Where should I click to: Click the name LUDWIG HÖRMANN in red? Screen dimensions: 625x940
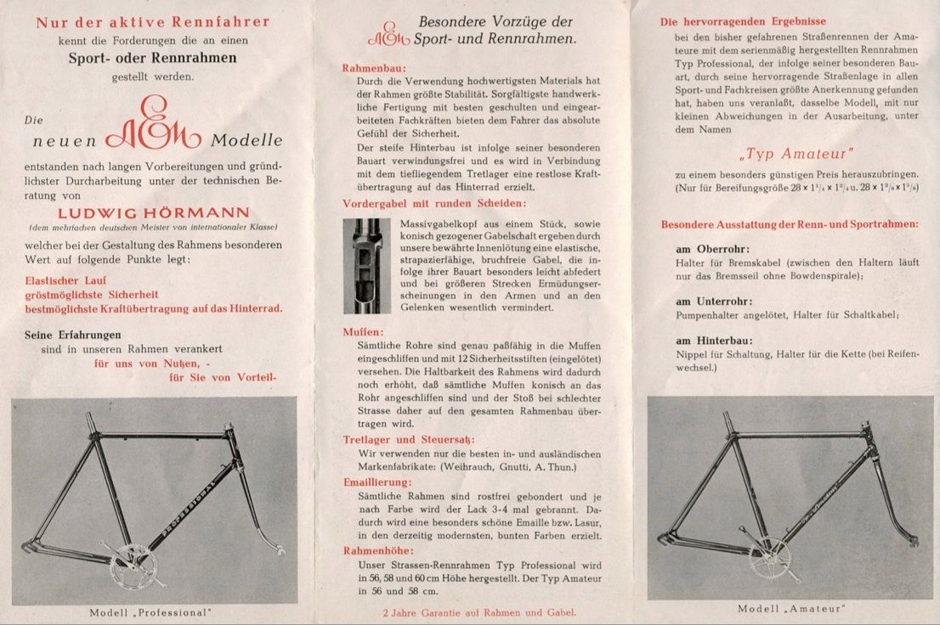(x=154, y=211)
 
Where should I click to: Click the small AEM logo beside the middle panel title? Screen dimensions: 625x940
(x=388, y=34)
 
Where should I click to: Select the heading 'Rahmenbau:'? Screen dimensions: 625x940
(x=375, y=67)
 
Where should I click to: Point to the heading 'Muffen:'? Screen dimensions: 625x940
(x=363, y=331)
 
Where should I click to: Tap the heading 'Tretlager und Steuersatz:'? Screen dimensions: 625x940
(x=404, y=439)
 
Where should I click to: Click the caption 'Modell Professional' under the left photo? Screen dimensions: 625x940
(x=150, y=612)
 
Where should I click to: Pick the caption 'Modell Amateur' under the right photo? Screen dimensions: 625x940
(x=791, y=608)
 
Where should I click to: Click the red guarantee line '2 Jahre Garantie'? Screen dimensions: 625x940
(x=478, y=611)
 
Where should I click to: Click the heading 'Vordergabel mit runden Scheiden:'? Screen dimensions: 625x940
(x=434, y=204)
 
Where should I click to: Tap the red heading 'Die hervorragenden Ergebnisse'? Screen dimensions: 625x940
(x=743, y=21)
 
